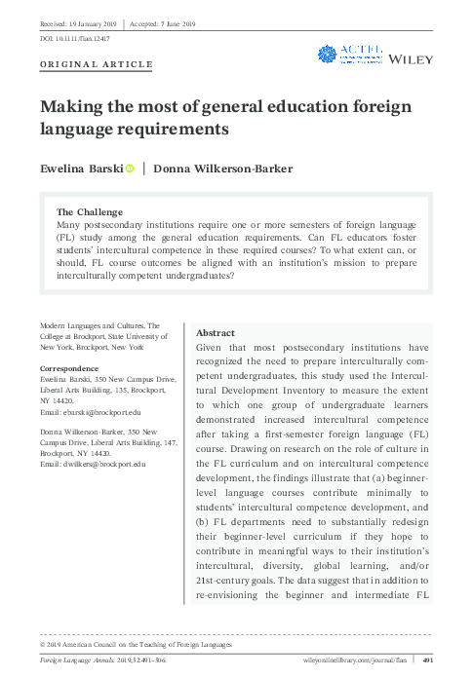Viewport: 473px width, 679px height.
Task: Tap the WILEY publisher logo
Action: pyautogui.click(x=412, y=60)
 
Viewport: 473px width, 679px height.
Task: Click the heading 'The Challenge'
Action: pyautogui.click(x=90, y=211)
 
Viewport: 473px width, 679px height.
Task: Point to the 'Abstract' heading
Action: pyautogui.click(x=216, y=332)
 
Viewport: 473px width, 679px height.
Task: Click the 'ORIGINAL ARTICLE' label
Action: pyautogui.click(x=96, y=64)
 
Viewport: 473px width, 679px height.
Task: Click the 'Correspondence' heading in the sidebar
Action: pyautogui.click(x=67, y=368)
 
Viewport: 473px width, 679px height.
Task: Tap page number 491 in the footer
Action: pyautogui.click(x=426, y=661)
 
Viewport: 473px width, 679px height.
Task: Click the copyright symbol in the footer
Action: pyautogui.click(x=42, y=644)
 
